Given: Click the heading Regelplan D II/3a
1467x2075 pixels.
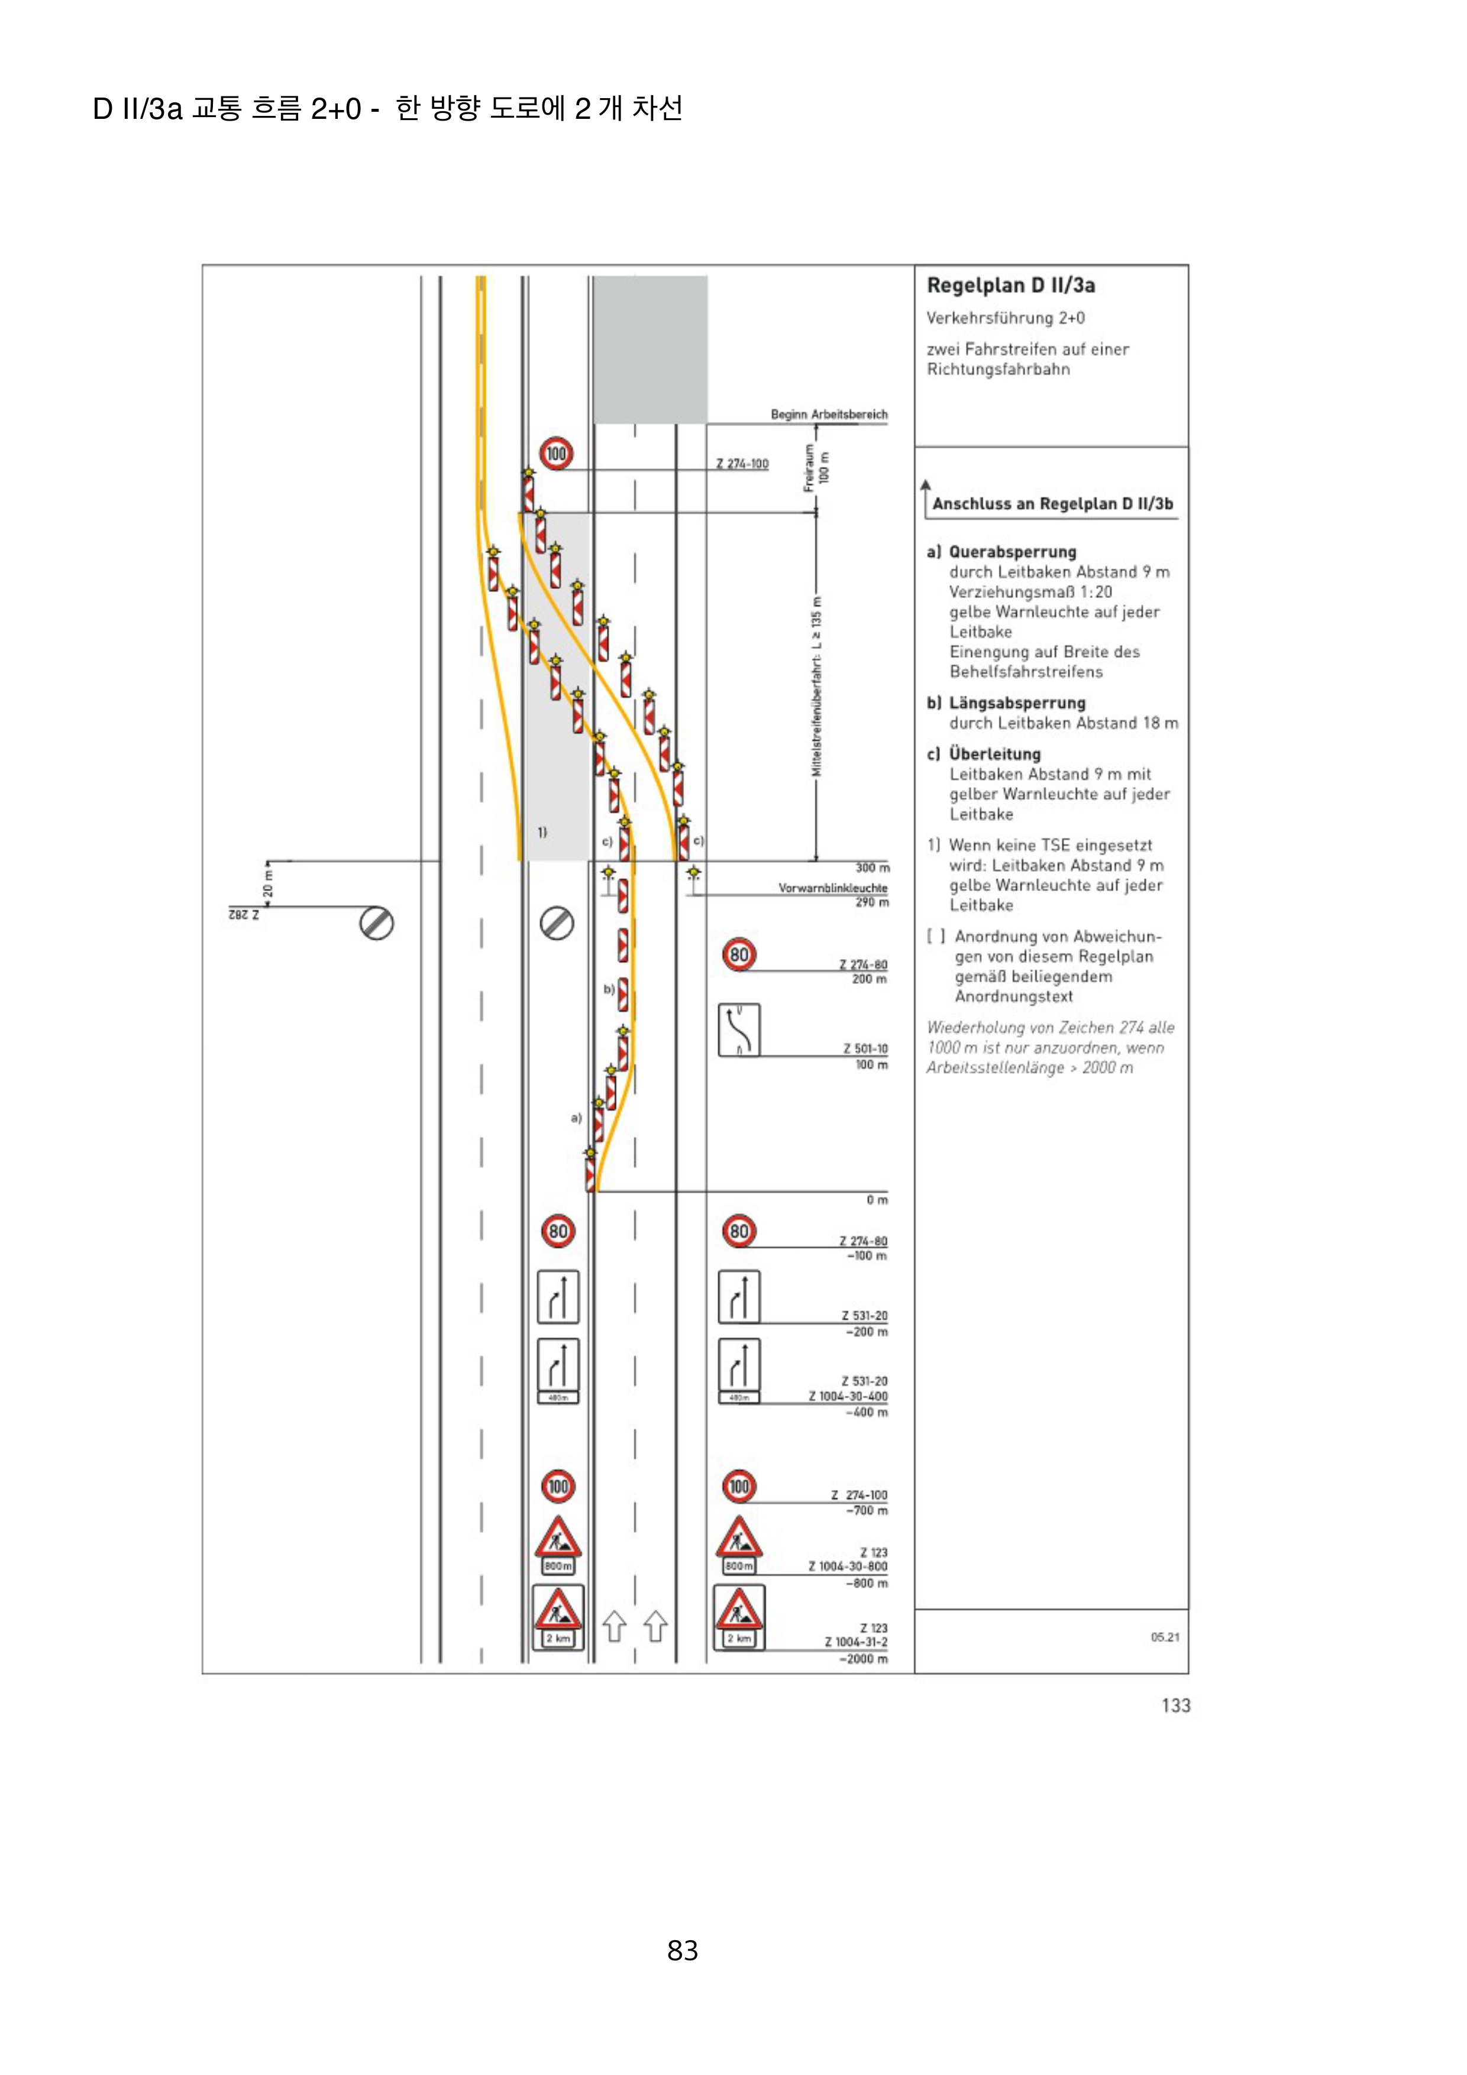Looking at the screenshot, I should coord(1010,286).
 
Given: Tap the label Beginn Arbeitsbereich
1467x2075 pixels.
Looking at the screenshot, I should coord(828,415).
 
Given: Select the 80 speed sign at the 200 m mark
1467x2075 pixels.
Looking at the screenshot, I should coord(739,954).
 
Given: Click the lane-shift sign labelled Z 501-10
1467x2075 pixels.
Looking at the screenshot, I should coord(739,1030).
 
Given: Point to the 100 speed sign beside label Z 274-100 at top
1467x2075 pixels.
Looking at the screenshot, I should coord(556,453).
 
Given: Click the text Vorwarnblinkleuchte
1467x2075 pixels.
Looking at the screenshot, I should coord(832,888).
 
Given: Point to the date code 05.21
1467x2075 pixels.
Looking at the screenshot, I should coord(1164,1637).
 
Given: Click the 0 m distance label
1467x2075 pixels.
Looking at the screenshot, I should coord(877,1200).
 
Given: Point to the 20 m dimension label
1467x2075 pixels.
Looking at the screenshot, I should coord(267,884).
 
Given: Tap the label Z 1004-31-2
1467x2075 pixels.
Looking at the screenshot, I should coord(855,1642).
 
